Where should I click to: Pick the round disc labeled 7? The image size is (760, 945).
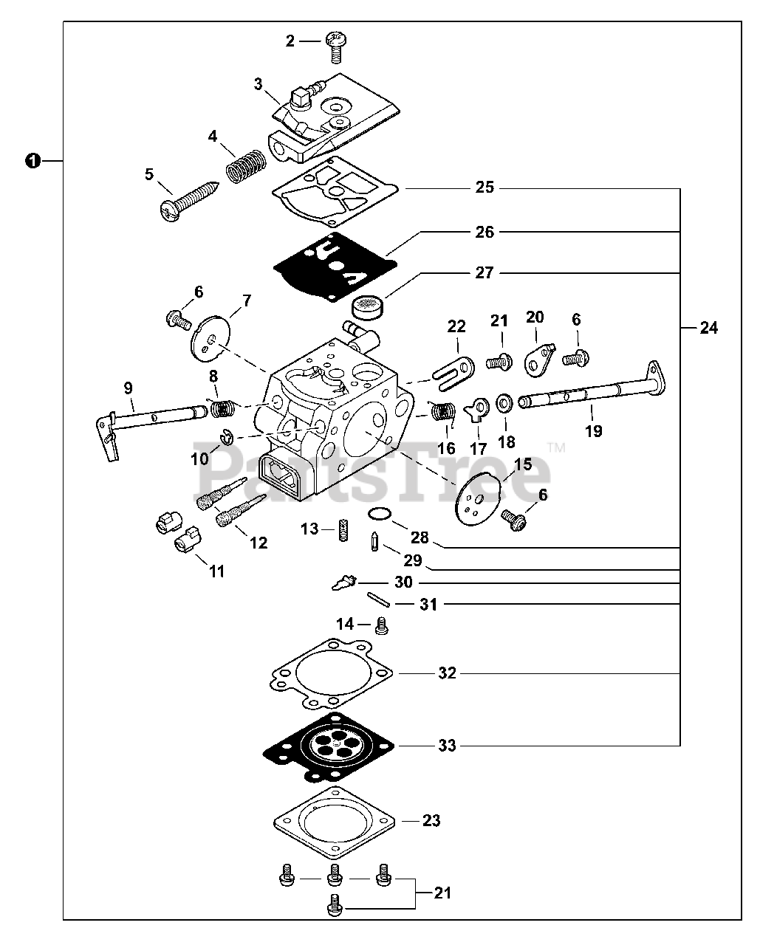210,339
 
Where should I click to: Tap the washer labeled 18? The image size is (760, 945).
506,402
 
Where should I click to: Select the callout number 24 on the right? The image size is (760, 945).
708,327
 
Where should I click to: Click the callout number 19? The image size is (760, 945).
593,431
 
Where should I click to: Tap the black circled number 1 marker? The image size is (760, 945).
32,160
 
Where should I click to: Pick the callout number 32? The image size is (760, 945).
447,673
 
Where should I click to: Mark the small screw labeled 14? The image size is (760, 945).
382,626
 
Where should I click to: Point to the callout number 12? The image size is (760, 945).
258,543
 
